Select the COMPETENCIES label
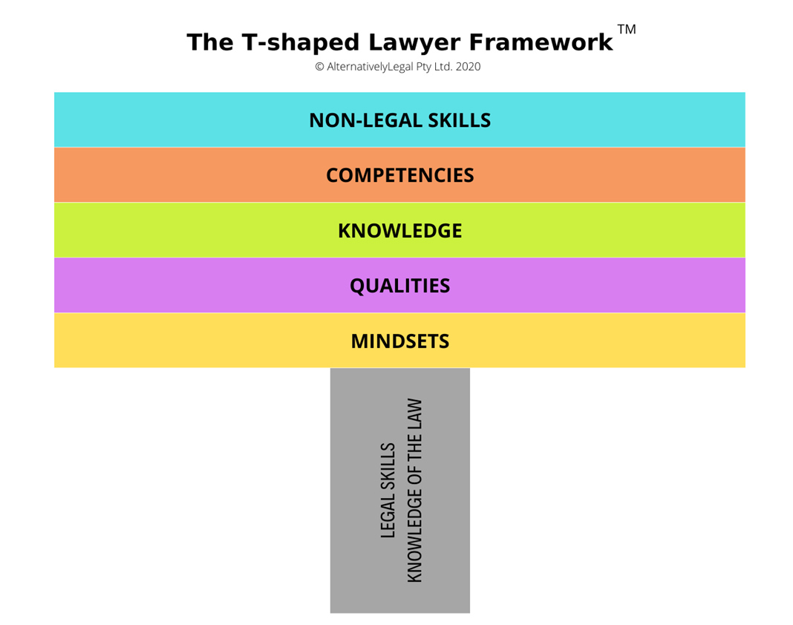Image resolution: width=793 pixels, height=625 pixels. [x=399, y=175]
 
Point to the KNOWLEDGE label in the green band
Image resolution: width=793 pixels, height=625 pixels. [x=399, y=231]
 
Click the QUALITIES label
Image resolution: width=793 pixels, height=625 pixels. [x=399, y=286]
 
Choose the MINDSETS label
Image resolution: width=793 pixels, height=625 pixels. [x=399, y=341]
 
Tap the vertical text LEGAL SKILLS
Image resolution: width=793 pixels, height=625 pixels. [x=388, y=491]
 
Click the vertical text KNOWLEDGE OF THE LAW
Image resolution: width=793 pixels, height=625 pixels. [x=414, y=491]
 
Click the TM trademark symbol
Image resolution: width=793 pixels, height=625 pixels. [x=627, y=30]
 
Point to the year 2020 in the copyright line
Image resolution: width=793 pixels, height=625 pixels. [x=468, y=67]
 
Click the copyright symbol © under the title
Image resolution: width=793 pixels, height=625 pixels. [x=319, y=67]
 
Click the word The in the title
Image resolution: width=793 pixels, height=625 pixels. [x=211, y=42]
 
